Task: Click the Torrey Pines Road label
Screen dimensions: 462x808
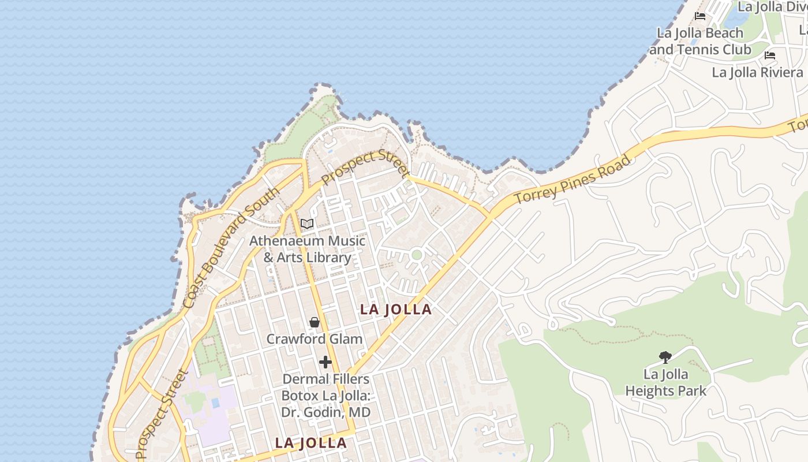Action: point(572,179)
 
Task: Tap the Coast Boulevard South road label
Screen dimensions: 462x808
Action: point(230,248)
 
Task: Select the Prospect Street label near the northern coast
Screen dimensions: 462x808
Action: point(365,166)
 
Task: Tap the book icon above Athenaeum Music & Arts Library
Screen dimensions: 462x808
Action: point(307,224)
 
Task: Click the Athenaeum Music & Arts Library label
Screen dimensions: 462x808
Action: point(308,249)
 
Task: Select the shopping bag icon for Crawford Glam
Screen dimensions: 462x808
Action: point(315,322)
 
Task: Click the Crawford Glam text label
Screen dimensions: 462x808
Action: point(314,339)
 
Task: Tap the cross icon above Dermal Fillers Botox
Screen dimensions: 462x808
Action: point(326,362)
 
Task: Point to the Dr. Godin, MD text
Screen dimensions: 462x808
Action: point(326,412)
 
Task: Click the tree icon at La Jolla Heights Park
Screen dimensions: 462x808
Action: point(665,357)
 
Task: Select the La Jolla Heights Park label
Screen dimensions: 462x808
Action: point(665,382)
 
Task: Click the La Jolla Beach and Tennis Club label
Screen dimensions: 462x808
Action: point(700,41)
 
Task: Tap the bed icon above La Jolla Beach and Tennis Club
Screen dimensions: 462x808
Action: point(700,16)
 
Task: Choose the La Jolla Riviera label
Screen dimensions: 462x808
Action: point(757,72)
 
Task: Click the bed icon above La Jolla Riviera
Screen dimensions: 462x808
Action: point(769,56)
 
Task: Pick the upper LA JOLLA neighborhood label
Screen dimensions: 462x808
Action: point(396,310)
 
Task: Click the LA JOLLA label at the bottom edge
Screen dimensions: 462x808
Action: point(311,443)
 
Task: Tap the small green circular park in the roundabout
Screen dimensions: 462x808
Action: point(417,255)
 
